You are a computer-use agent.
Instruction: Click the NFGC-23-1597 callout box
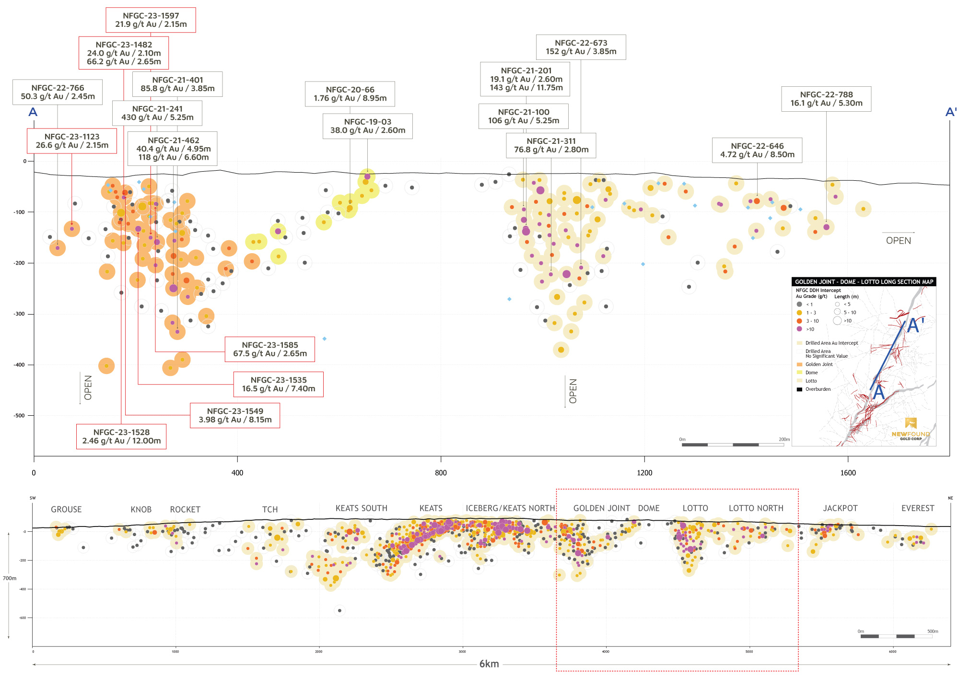[151, 20]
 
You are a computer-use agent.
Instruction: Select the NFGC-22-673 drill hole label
[581, 47]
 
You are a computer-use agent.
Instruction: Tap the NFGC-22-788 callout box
[826, 99]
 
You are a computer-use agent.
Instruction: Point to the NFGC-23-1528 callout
[121, 436]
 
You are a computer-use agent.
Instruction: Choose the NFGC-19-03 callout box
[367, 126]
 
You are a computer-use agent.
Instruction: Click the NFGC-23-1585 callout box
[269, 349]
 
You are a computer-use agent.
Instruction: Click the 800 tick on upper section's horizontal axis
[441, 473]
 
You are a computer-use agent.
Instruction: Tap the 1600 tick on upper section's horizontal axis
[848, 473]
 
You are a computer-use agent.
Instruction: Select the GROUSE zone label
[66, 509]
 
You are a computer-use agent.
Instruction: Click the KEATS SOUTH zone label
[361, 508]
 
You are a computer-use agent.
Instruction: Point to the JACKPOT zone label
[840, 508]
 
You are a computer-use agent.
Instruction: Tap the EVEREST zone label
[917, 508]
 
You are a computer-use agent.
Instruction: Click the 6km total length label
[489, 664]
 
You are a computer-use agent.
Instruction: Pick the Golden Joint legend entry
[819, 364]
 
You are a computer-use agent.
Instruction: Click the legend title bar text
[864, 282]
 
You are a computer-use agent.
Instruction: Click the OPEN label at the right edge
[898, 241]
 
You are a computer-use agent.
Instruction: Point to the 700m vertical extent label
[10, 578]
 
